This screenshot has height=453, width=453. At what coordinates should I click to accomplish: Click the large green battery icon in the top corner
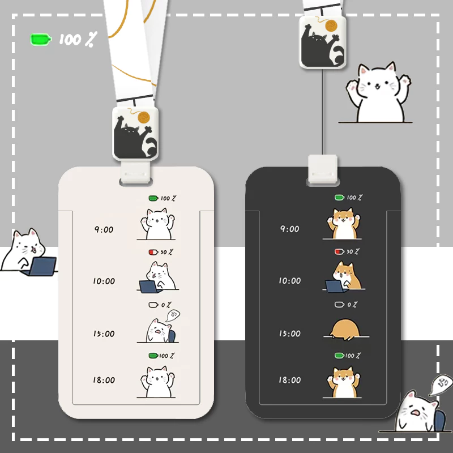tap(41, 39)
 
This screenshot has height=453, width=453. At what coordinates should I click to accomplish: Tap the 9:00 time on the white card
tap(104, 230)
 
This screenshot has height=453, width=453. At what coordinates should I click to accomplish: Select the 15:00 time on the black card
tap(290, 334)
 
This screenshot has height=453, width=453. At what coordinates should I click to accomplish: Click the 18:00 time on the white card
tap(104, 380)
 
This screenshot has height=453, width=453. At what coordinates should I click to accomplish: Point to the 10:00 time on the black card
tap(290, 280)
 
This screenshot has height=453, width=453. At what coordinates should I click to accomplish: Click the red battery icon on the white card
tap(153, 252)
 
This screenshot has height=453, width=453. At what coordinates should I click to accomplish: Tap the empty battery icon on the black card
tap(339, 305)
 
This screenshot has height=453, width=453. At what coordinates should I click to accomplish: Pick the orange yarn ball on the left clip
tap(144, 118)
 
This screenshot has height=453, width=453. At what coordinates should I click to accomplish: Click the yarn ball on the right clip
tap(331, 25)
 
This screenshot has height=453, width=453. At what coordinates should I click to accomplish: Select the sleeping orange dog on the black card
tap(345, 330)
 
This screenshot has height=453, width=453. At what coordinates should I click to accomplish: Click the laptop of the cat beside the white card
tap(41, 266)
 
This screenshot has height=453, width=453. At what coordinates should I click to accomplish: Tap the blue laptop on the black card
tap(335, 287)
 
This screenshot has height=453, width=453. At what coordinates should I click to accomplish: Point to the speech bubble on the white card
tap(173, 315)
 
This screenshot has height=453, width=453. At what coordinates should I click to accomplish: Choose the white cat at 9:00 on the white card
tap(157, 224)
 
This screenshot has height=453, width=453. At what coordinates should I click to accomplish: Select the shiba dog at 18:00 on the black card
tap(344, 382)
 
